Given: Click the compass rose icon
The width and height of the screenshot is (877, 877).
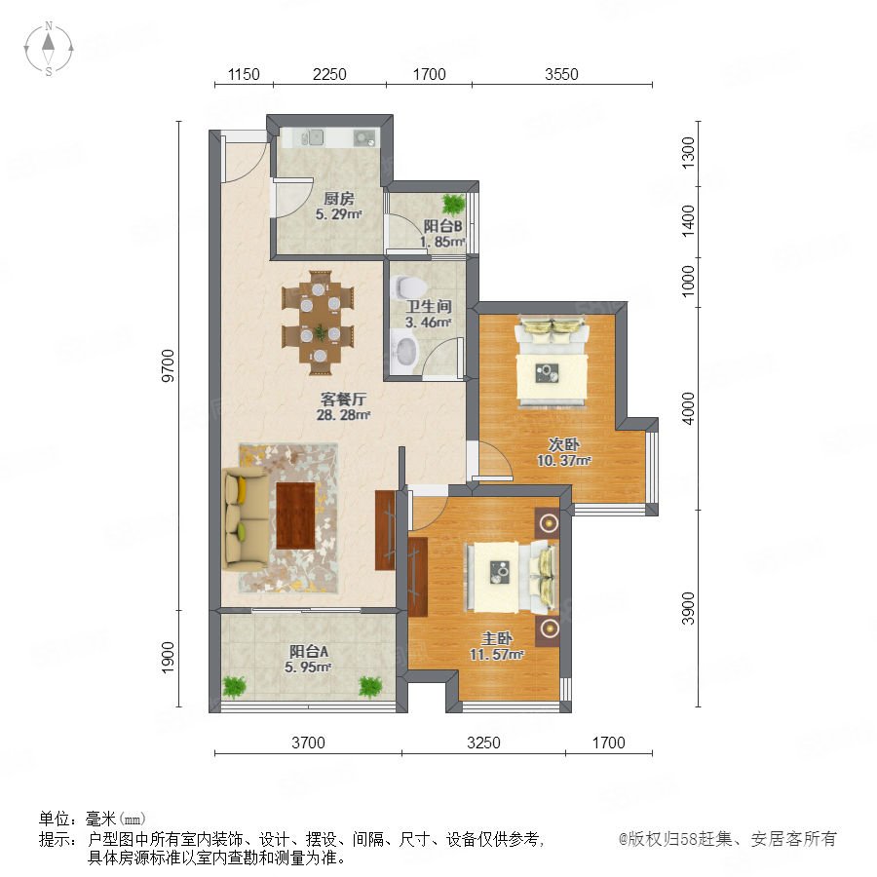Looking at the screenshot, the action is (49, 48).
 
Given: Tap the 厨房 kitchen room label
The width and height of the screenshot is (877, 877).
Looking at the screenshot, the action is (339, 199).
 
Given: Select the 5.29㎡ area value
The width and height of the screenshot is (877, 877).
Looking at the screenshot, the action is (338, 214).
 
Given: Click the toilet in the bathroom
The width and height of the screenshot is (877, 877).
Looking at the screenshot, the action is (410, 286).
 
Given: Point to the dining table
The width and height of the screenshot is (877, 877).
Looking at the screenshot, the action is (319, 324).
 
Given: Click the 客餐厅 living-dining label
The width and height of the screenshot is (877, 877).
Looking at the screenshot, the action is (343, 400).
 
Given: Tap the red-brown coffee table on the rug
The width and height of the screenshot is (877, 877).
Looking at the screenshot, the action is (296, 515).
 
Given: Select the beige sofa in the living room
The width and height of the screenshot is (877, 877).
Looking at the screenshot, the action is (245, 519).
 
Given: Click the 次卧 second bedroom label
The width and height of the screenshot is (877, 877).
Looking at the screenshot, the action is (564, 444).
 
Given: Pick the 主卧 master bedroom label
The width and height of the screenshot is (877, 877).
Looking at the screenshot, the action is (497, 638).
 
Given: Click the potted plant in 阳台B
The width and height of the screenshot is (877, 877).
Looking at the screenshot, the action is (453, 205).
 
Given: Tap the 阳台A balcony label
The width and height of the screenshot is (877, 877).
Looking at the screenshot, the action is (308, 652).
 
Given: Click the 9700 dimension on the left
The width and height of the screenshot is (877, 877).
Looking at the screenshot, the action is (168, 365).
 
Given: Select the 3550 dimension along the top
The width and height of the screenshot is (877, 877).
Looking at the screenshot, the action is (561, 74).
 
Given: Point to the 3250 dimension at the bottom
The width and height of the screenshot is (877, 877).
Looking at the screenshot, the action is (483, 743).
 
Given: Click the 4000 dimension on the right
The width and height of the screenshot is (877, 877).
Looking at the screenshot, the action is (688, 408).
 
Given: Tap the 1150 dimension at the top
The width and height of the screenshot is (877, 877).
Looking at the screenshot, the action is (244, 74).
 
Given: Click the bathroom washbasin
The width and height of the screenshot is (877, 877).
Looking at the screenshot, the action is (404, 351).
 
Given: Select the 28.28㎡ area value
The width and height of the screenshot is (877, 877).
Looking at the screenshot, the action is (343, 415).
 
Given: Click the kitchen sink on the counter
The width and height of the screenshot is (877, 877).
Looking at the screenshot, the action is (313, 136).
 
